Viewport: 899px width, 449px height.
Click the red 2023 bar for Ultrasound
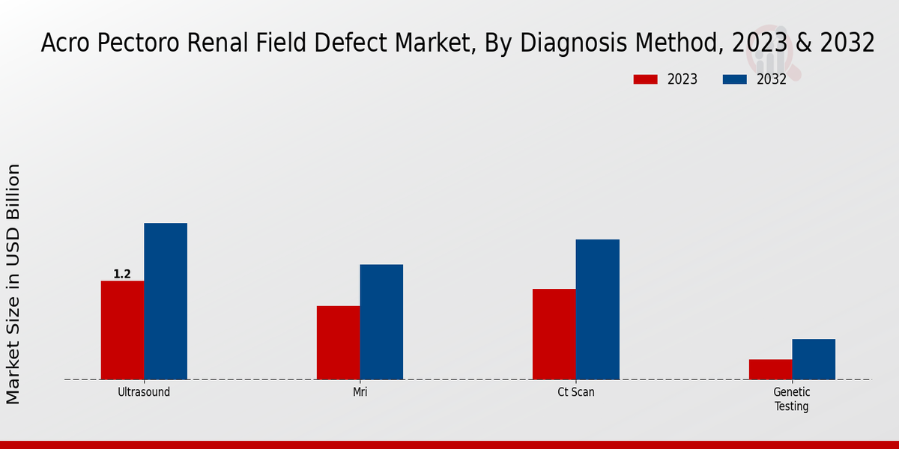click(x=122, y=330)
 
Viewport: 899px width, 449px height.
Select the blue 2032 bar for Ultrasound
click(x=166, y=301)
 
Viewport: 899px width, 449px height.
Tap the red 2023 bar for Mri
click(x=338, y=342)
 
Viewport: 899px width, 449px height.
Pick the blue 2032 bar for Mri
click(x=381, y=322)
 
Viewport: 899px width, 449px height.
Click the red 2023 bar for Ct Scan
click(x=554, y=334)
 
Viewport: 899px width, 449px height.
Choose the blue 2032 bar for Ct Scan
click(x=598, y=309)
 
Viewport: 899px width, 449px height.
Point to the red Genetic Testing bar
click(x=770, y=369)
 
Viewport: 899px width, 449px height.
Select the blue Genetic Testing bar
click(x=814, y=359)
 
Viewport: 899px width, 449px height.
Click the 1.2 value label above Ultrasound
click(x=122, y=275)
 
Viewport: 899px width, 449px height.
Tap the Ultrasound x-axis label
click(x=144, y=392)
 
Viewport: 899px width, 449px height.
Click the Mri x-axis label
click(x=360, y=392)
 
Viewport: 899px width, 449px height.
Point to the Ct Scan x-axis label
click(x=576, y=392)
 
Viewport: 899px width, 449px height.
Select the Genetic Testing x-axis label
click(x=792, y=400)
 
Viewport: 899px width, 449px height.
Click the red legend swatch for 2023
click(x=645, y=79)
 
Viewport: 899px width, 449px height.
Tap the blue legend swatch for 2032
click(x=735, y=79)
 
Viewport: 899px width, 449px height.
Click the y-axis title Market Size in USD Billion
click(x=13, y=284)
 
